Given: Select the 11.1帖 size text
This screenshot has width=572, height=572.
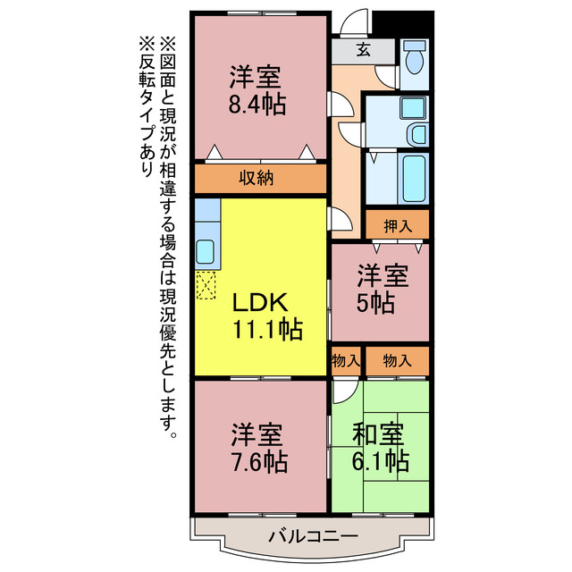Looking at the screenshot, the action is [267, 329].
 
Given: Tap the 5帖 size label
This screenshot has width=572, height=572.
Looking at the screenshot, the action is [380, 303].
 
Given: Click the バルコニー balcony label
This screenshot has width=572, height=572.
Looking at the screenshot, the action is [312, 536].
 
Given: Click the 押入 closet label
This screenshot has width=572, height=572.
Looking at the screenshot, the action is [398, 224].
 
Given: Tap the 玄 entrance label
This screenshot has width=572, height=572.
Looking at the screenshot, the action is [364, 50].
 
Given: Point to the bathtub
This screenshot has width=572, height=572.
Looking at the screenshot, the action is [413, 176].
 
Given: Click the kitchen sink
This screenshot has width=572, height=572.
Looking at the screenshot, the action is [206, 251].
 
